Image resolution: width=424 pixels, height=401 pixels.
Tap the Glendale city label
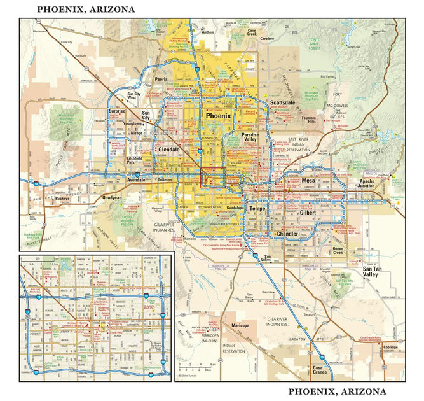[168, 150]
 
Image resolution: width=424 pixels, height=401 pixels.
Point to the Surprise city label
[117, 111]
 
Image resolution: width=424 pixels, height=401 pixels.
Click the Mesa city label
[308, 181]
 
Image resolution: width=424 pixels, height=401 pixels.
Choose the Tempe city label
[257, 209]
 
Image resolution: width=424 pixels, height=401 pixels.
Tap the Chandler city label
[287, 234]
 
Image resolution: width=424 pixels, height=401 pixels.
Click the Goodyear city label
[111, 198]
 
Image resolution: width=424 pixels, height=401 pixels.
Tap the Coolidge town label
[392, 347]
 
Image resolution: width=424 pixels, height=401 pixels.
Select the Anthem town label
[208, 31]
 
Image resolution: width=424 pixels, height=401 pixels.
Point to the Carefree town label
[266, 38]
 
